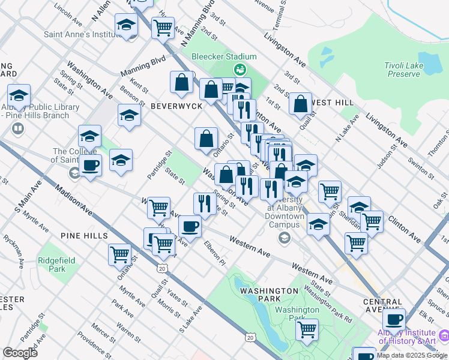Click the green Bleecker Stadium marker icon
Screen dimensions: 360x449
tap(240, 70)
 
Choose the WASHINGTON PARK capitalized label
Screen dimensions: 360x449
tap(269, 291)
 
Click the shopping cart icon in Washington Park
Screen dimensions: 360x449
tap(307, 329)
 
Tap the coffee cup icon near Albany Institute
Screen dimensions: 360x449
tap(394, 319)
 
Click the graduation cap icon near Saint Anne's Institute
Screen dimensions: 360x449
tap(126, 25)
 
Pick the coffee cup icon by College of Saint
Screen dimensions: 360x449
tap(90, 166)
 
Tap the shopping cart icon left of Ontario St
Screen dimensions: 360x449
tap(120, 254)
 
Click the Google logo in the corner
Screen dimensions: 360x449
tap(20, 353)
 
